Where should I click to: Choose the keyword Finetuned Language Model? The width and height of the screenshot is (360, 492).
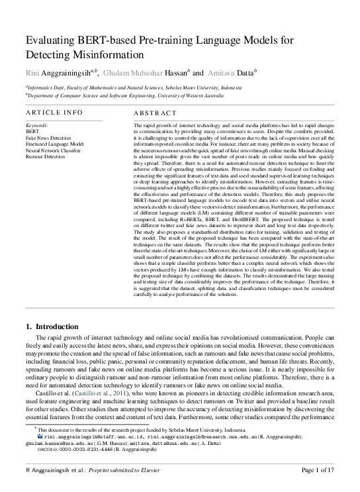coord(54,143)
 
